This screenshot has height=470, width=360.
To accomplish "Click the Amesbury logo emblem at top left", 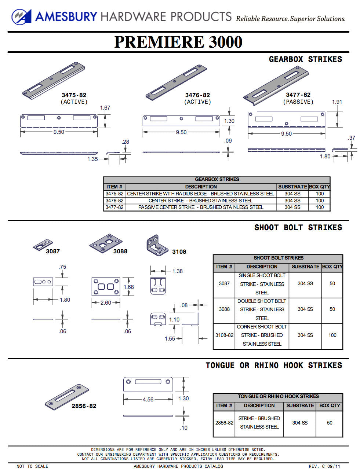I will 21,17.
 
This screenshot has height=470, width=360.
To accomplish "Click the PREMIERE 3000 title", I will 178,42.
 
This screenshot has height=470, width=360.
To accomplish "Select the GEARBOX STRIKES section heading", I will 305,59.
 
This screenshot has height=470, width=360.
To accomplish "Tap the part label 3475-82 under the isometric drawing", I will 74,95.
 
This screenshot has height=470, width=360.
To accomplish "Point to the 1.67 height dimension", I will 105,108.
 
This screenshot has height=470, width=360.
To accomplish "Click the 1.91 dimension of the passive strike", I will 337,102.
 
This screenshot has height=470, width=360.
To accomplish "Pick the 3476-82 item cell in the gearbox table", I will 114,201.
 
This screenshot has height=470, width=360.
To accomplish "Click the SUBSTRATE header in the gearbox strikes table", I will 292,187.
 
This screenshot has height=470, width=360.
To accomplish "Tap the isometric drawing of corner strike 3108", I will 158,245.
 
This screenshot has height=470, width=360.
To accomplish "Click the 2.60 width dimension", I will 106,303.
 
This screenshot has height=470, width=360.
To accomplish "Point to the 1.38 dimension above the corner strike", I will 177,271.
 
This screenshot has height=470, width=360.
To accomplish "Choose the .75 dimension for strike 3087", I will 62,267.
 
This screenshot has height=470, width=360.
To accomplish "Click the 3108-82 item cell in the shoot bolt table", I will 224,335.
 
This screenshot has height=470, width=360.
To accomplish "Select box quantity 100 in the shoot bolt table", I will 332,335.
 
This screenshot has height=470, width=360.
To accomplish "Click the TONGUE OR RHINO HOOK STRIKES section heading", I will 273,366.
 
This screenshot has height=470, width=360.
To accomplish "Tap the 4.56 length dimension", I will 148,400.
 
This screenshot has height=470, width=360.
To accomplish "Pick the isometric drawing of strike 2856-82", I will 67,397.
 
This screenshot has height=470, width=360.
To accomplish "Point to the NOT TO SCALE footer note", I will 32,466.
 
